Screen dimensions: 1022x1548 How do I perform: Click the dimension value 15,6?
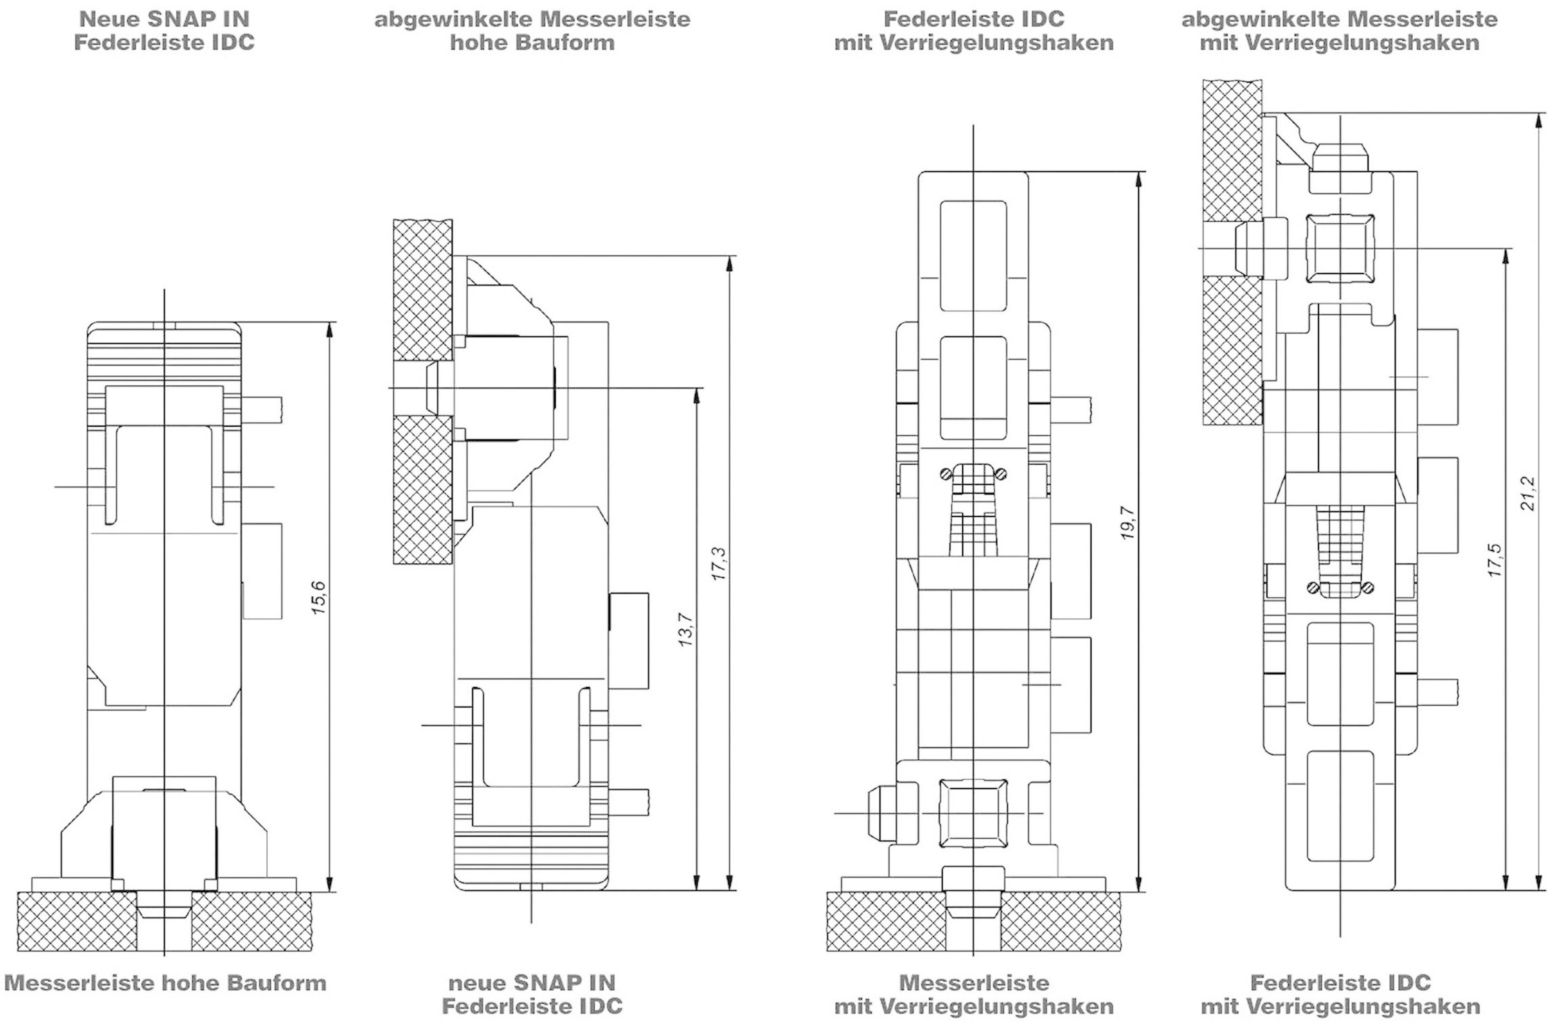coord(319,597)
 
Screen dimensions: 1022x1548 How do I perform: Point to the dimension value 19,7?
coord(1128,523)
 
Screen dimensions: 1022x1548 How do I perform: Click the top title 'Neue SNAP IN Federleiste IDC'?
coord(164,31)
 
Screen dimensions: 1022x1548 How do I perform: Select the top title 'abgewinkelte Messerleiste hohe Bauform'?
coord(532,31)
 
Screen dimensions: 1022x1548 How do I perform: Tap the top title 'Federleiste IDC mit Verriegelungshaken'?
coord(973,31)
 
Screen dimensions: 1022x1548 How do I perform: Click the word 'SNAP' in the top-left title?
coord(175,19)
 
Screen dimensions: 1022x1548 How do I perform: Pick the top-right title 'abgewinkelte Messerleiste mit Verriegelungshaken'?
coord(1339,31)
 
